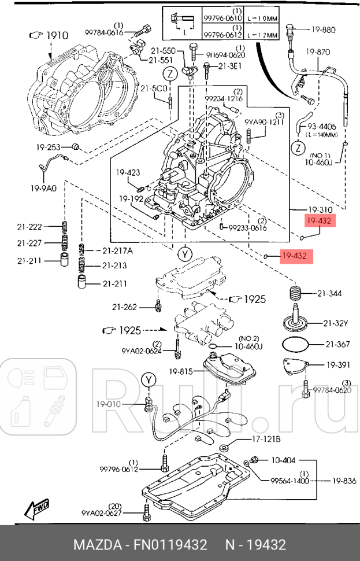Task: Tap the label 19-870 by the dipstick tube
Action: click(319, 53)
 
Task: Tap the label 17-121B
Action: click(266, 440)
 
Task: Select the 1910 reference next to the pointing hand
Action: click(57, 36)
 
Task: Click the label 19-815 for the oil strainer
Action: click(181, 371)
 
